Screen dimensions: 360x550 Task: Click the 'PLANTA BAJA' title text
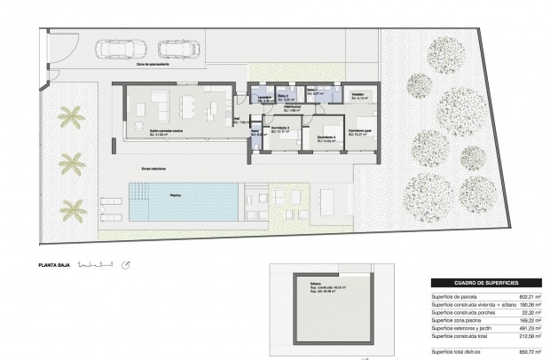pos(53,263)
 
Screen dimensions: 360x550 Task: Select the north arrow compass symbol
pos(127,263)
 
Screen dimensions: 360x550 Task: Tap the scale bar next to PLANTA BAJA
pos(95,263)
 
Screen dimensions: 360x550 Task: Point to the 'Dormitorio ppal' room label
pos(358,131)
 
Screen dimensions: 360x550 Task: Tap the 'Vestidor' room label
pos(357,94)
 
